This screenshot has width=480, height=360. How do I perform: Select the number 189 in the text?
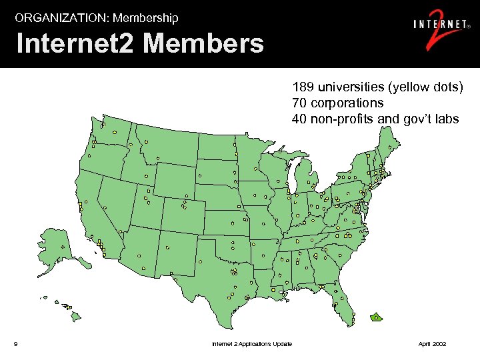302,87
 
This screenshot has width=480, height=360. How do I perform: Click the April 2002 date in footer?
432,344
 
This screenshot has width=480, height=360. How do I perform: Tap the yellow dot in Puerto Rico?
376,318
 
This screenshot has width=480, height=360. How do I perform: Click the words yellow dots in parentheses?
424,87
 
